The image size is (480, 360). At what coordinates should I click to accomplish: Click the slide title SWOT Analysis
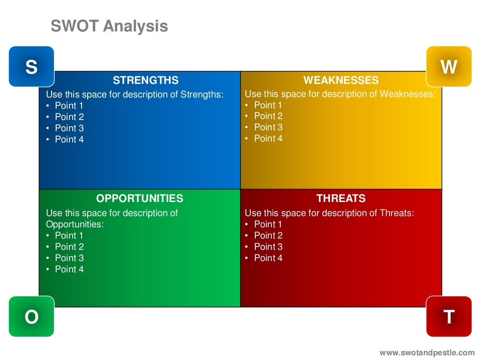(x=109, y=26)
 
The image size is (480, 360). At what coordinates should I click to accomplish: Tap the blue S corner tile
(x=31, y=67)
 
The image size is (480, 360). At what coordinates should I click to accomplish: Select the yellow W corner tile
(x=449, y=67)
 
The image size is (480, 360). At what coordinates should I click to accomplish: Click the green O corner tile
(x=31, y=317)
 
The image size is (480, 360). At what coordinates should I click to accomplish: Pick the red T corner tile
(x=449, y=317)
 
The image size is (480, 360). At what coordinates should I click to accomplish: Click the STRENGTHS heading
(x=145, y=80)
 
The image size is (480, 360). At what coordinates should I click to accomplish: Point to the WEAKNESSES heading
(x=341, y=80)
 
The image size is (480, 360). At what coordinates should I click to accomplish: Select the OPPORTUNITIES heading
(x=140, y=198)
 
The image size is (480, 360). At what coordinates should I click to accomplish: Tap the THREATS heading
(x=341, y=198)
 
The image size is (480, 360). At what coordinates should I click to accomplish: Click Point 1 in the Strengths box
(x=69, y=105)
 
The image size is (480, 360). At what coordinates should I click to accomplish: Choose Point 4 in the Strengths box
(x=69, y=139)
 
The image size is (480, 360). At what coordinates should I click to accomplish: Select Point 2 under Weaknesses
(x=268, y=116)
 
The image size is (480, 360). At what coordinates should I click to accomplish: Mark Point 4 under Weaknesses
(x=268, y=138)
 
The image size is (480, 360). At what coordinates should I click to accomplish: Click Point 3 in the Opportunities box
(x=69, y=258)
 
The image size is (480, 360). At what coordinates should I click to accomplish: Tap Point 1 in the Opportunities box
(x=69, y=235)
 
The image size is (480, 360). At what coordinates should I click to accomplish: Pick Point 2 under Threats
(x=268, y=235)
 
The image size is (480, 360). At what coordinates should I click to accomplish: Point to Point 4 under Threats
(x=268, y=258)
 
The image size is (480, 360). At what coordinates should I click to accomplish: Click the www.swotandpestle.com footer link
(x=427, y=352)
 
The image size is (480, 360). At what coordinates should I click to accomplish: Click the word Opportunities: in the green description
(x=75, y=224)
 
